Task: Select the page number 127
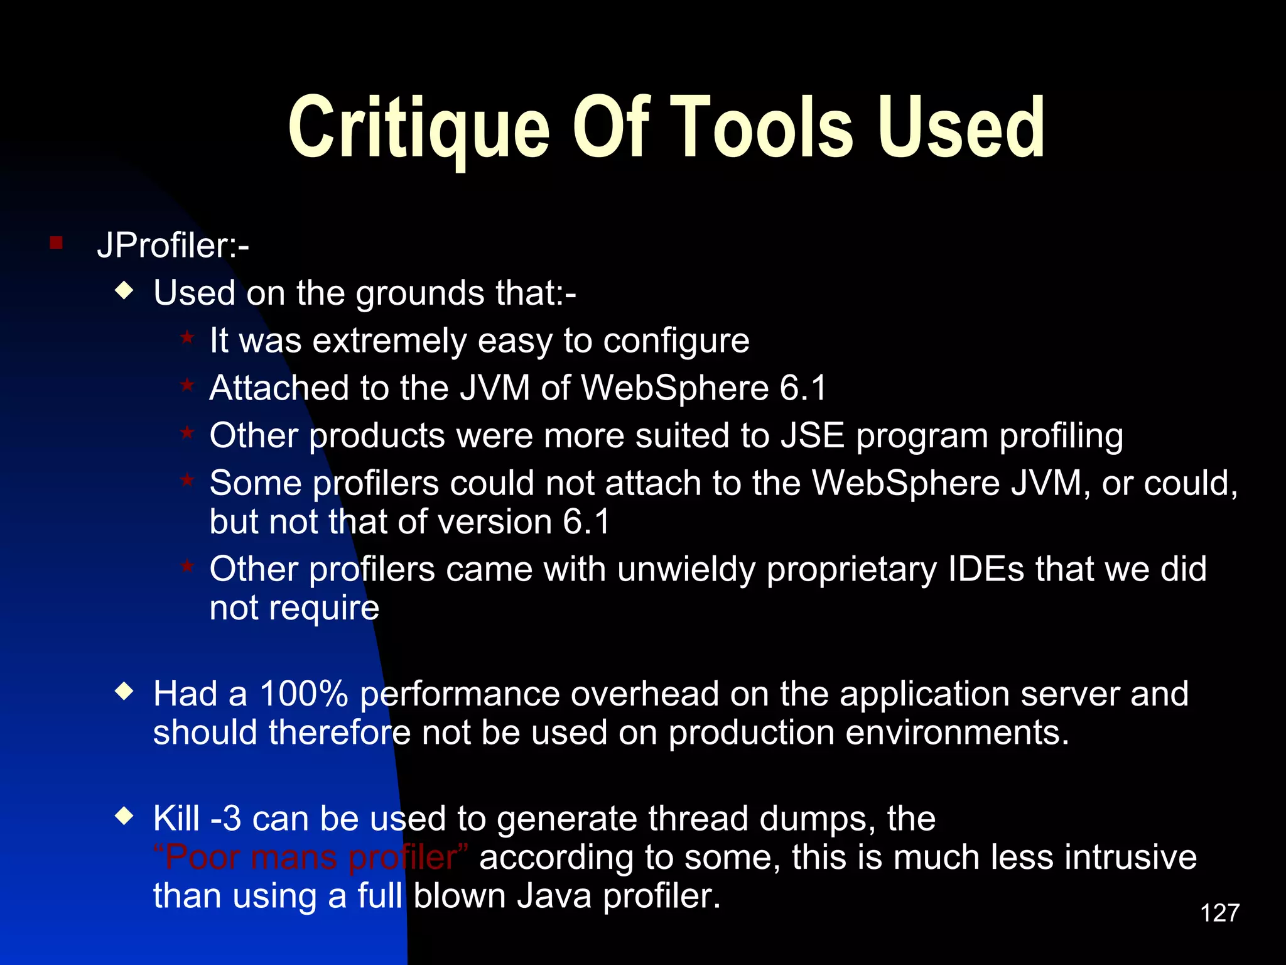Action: tap(1219, 913)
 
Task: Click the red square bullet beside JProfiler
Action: tap(57, 243)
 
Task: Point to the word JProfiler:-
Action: tap(173, 245)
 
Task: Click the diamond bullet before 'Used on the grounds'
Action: tap(125, 290)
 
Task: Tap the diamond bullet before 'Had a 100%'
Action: tap(125, 692)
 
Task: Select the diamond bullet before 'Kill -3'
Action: tap(125, 816)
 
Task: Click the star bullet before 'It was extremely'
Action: tap(187, 337)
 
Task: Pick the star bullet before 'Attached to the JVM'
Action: tap(187, 384)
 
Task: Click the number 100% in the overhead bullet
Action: tap(304, 694)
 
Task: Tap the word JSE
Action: tap(813, 436)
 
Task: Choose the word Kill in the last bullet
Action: tap(176, 819)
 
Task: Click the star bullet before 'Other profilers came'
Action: tap(187, 566)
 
